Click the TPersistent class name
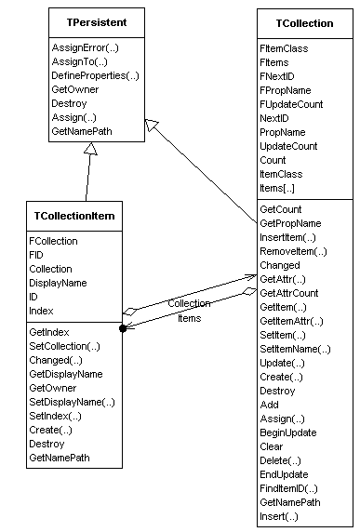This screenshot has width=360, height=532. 89,20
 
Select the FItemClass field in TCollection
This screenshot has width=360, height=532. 285,47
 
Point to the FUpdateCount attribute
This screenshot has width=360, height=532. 292,104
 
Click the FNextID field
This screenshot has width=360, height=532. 280,76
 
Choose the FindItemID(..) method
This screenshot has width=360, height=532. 289,488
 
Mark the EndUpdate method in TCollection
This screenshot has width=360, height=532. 283,474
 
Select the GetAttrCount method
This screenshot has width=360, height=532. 289,293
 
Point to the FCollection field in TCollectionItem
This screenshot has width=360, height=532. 54,241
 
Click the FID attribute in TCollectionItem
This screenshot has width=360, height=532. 37,255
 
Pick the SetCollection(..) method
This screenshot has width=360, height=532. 65,346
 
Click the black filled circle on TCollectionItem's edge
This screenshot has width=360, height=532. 122,328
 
